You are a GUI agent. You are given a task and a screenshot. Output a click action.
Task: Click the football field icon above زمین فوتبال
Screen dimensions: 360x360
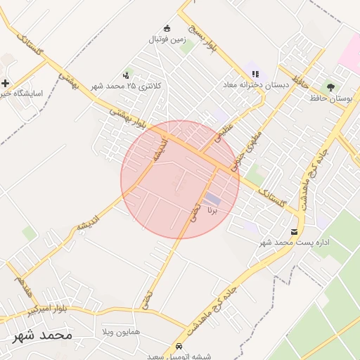pos(167,28)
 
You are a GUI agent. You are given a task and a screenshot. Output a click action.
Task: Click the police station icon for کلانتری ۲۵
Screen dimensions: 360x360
pos(126,75)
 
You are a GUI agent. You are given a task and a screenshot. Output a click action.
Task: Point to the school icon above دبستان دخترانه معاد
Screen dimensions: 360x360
pos(255,73)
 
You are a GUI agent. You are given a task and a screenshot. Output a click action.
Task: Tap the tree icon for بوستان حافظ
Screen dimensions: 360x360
pos(330,86)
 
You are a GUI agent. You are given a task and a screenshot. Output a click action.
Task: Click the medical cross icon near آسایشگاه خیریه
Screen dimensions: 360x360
pos(5,82)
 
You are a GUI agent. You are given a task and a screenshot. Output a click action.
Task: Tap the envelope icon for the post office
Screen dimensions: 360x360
pos(294,231)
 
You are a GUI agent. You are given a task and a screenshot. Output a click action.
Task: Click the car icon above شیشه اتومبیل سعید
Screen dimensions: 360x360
pos(180,346)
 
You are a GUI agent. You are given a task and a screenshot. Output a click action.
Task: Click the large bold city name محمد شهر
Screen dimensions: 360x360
pos(42,335)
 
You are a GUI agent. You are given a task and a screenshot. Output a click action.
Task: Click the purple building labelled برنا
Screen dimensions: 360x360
pos(212,200)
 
